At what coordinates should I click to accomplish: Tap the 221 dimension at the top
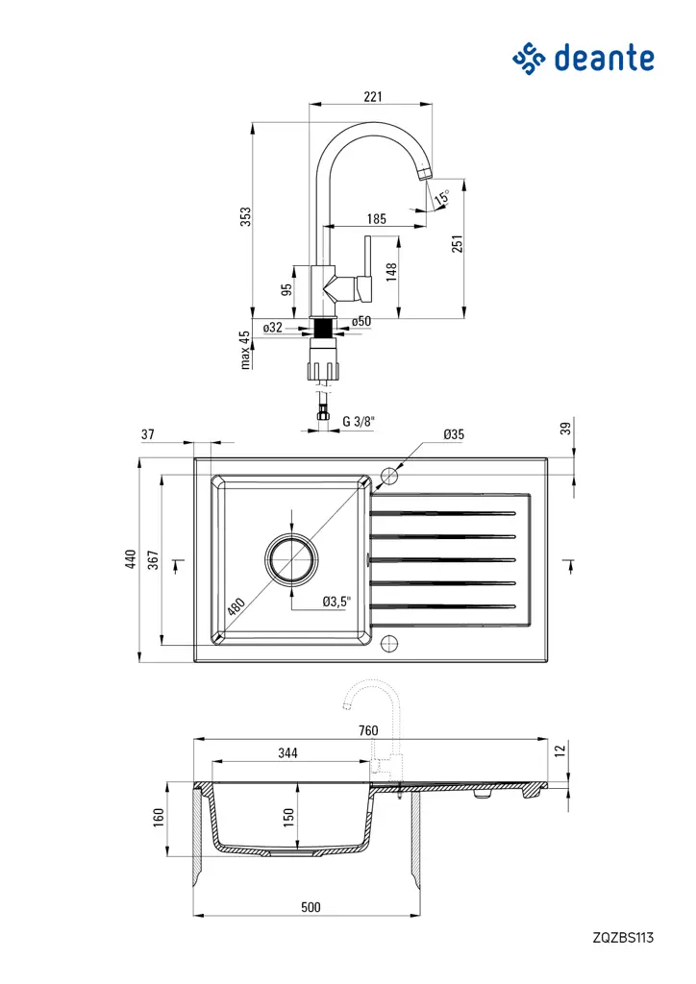373,96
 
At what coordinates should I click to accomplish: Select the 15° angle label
441,199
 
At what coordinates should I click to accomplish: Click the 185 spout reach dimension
376,219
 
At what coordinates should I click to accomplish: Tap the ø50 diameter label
361,321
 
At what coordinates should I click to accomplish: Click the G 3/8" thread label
359,421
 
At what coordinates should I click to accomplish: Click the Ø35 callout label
454,435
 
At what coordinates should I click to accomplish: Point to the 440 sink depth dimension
131,560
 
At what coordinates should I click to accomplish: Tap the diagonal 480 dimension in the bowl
236,606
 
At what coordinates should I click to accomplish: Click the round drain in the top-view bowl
291,559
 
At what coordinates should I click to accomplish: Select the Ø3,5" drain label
336,602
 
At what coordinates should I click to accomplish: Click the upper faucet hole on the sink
389,476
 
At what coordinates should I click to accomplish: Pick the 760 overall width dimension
367,730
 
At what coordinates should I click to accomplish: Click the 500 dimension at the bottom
310,906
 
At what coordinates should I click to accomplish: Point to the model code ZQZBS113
623,936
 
